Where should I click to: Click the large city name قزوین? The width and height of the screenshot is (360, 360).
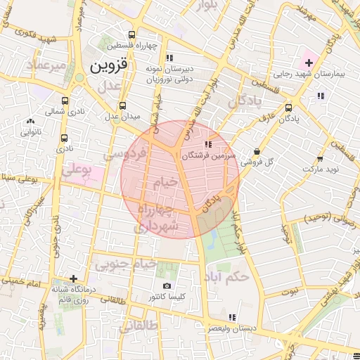pos(108,66)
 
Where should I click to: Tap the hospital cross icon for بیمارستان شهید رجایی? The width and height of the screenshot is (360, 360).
pos(308,63)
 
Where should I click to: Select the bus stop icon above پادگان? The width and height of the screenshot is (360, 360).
pos(289,108)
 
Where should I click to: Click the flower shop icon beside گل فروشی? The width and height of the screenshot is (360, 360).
pos(257,150)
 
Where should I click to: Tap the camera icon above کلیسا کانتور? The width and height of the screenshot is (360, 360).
pos(167,285)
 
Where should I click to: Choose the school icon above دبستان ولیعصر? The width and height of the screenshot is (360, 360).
pos(233,317)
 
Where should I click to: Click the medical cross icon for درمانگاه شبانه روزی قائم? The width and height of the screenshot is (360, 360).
pos(73,278)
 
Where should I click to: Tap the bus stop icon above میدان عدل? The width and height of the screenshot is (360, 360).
pos(123,105)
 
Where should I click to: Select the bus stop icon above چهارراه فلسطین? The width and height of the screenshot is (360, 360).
pos(131,35)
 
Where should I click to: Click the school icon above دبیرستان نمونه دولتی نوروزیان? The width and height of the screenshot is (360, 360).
pos(168,58)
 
